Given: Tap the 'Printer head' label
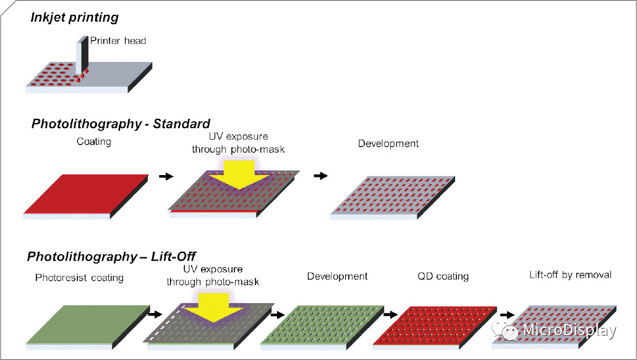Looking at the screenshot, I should tap(118, 41).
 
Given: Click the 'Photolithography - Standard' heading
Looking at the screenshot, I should tap(121, 124).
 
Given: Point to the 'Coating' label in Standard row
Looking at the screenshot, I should tap(94, 142).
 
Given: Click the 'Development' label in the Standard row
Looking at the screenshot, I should tap(388, 144).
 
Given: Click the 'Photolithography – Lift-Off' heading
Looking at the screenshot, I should tap(111, 255).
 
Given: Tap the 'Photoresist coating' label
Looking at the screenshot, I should tap(79, 278).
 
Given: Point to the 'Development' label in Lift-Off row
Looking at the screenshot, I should tap(338, 276).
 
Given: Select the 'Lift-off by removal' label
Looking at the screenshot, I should tap(571, 275).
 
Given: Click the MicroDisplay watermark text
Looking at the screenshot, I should tap(568, 331).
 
